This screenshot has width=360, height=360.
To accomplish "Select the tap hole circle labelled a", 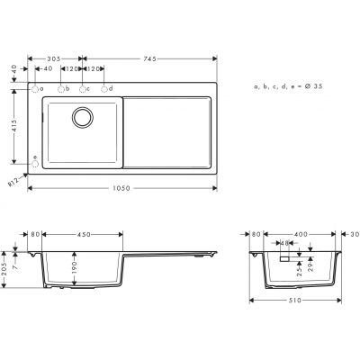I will [35, 90].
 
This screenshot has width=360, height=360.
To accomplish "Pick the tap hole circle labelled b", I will [62, 90].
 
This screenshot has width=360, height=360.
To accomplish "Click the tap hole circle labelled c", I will [83, 90].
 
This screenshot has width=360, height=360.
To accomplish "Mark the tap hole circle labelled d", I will [104, 90].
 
